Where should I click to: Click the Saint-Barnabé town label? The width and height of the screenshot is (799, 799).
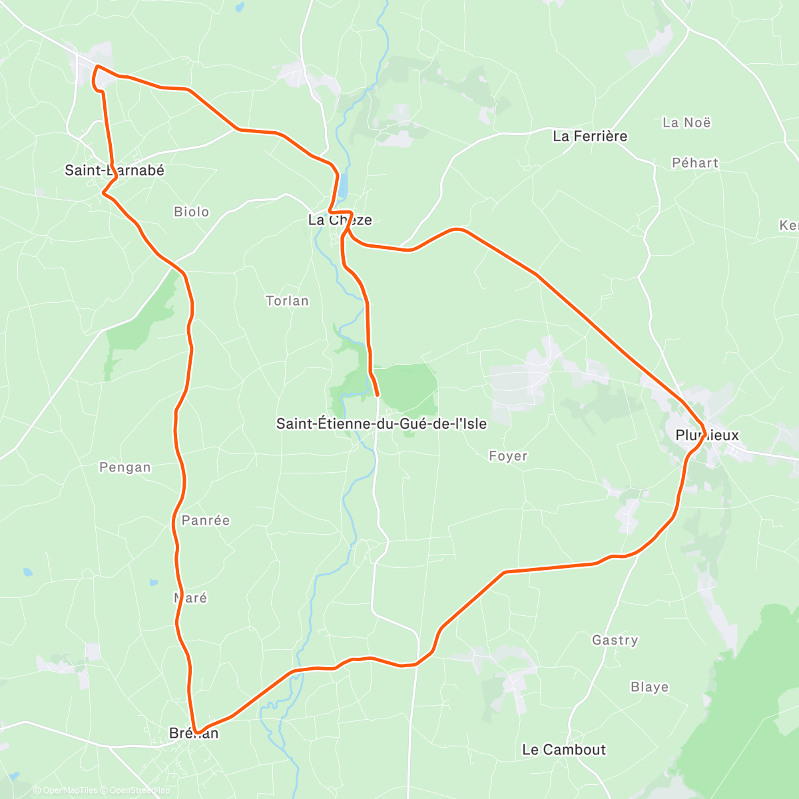click(x=114, y=170)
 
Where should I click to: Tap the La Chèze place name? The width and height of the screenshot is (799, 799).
click(x=340, y=220)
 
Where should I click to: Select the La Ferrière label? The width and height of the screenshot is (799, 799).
click(x=590, y=136)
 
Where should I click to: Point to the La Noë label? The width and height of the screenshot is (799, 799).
click(x=686, y=123)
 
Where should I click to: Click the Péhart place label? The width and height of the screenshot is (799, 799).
click(x=695, y=163)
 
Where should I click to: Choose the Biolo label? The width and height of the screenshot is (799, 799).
click(x=191, y=212)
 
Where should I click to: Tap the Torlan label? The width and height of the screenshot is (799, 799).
click(x=287, y=301)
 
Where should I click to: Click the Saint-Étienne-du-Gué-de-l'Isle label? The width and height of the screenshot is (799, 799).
click(x=382, y=423)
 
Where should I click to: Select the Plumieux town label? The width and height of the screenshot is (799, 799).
click(x=707, y=435)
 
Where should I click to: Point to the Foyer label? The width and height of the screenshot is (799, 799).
click(x=508, y=456)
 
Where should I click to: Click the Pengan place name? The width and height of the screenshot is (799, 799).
click(x=125, y=467)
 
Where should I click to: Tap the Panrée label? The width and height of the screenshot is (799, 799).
click(x=206, y=521)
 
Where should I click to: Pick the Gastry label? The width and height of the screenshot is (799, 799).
click(x=615, y=641)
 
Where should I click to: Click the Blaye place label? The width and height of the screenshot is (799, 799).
click(x=649, y=687)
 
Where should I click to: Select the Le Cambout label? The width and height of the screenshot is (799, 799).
click(x=564, y=750)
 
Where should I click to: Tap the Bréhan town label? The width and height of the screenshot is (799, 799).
click(x=194, y=734)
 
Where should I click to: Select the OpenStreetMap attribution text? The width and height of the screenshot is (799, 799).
click(x=139, y=790)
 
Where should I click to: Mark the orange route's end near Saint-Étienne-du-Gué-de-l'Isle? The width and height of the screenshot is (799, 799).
click(x=378, y=395)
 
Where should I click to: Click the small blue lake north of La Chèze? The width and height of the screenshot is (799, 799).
click(x=342, y=187)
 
